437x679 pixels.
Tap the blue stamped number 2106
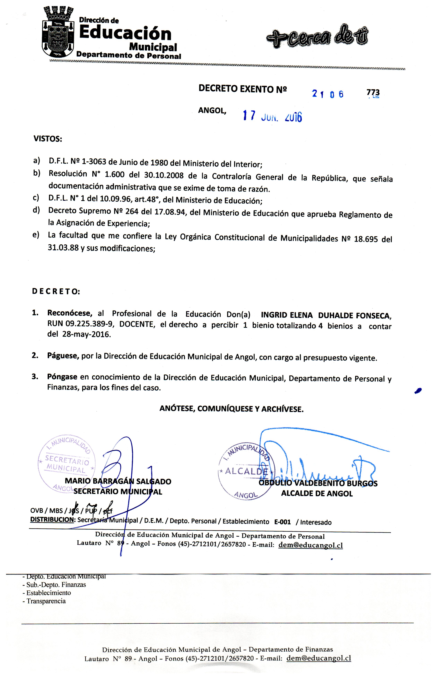328,94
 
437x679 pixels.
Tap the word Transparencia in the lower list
46,601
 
